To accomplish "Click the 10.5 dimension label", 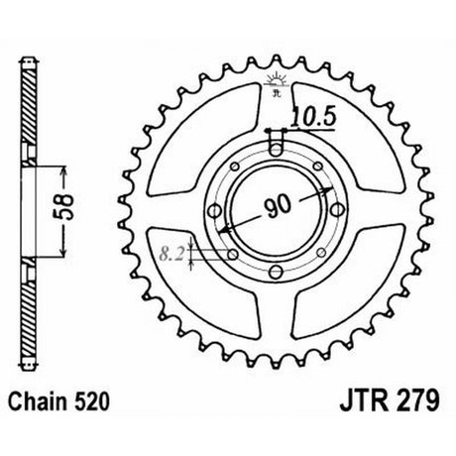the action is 313,117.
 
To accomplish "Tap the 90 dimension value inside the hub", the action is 278,207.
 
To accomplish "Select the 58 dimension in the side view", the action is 64,207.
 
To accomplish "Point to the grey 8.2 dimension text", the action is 171,254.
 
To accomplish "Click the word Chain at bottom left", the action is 36,401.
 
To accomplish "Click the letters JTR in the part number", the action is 364,400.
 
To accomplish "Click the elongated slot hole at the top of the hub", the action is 276,143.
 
